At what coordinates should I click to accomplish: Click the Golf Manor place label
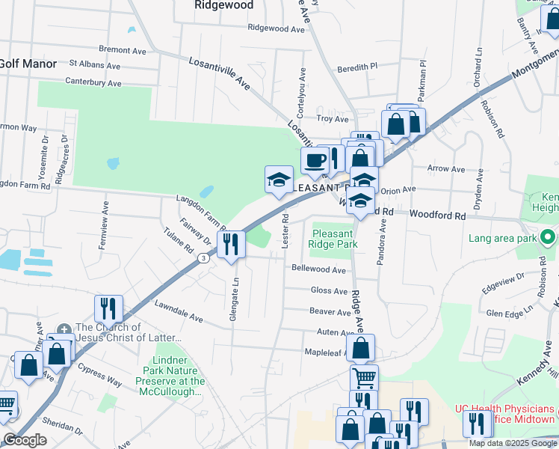click(x=28, y=64)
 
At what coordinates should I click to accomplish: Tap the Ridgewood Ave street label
click(x=277, y=28)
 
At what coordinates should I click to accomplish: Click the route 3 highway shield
click(x=203, y=258)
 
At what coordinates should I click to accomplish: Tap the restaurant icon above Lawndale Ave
click(x=108, y=308)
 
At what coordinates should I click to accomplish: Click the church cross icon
click(x=64, y=328)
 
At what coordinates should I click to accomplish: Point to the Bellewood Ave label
click(x=319, y=269)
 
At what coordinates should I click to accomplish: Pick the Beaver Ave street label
click(x=330, y=311)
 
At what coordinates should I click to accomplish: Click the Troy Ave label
click(x=333, y=119)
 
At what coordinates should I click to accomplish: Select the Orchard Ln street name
click(x=478, y=66)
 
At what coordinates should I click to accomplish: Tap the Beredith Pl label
click(x=358, y=67)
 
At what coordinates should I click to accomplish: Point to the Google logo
click(x=25, y=440)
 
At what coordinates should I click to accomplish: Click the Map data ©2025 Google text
click(x=513, y=443)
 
